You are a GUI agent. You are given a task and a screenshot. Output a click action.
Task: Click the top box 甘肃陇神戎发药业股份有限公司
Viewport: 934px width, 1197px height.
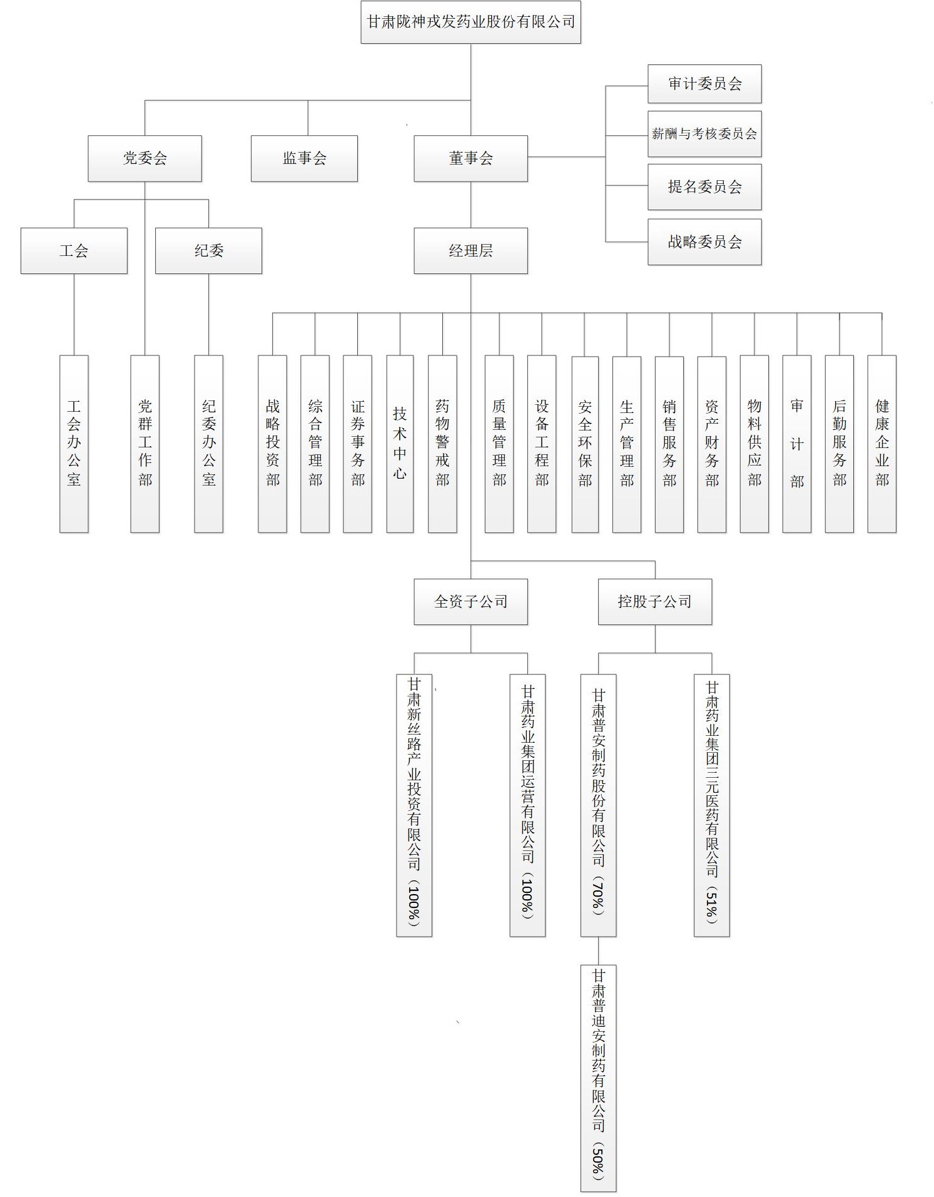pos(470,22)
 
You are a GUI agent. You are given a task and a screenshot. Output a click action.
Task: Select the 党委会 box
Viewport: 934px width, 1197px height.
pos(145,158)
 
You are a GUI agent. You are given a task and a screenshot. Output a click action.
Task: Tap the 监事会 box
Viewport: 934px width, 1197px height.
pos(304,158)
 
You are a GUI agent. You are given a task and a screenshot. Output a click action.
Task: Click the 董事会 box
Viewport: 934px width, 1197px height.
pos(470,158)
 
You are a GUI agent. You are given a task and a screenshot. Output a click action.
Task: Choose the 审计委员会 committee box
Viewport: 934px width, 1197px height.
pos(704,84)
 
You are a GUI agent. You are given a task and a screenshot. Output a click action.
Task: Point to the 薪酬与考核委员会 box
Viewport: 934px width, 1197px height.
pos(704,134)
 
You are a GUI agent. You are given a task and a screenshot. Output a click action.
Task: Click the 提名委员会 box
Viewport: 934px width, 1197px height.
pos(704,186)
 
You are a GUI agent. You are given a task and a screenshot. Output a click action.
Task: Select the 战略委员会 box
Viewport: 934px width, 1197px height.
pos(704,242)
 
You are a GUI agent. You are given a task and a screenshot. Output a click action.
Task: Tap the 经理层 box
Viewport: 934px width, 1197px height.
pos(470,251)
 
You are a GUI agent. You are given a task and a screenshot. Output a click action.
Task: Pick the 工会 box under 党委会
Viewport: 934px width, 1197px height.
pos(74,251)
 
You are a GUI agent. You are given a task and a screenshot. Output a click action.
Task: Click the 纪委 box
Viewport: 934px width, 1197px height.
pos(208,251)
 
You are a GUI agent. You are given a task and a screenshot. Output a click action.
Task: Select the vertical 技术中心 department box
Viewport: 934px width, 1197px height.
pos(400,444)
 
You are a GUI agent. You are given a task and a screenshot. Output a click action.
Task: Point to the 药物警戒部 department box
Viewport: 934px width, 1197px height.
pos(442,444)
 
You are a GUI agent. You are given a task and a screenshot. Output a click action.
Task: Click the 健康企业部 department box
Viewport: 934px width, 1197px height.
pos(881,444)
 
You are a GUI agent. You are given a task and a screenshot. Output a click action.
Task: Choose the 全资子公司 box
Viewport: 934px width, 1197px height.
pos(470,602)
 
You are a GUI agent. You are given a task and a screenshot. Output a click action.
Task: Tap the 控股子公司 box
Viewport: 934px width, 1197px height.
pos(655,602)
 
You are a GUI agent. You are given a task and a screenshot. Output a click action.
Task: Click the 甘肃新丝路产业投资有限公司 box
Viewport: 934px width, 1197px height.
pos(414,805)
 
